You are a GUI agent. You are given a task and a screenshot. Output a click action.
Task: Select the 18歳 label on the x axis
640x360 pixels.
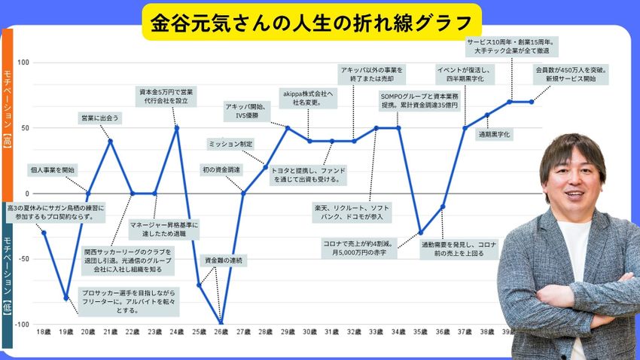pos(44,331)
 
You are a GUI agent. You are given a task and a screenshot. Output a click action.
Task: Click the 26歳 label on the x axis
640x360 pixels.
pos(221,331)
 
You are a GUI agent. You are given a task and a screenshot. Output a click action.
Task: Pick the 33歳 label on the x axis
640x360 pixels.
pos(376,331)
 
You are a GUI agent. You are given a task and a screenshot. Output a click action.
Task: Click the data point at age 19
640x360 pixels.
pos(66,297)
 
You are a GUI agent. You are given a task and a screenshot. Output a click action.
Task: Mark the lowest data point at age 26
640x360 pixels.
pos(221,324)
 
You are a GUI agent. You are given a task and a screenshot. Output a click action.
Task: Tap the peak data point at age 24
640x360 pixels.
pos(177,127)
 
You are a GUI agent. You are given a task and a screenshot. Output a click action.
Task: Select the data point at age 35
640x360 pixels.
pos(420,232)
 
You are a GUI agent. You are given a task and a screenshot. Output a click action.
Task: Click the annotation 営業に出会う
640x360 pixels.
pos(100,117)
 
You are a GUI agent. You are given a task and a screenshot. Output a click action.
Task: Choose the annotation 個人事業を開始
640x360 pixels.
pos(53,169)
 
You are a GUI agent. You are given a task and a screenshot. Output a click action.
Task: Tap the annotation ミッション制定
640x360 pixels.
pos(230,143)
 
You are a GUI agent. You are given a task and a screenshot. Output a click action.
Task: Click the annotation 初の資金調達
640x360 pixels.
pos(221,169)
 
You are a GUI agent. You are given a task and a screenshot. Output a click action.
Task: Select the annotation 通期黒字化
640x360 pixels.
pos(495,134)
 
